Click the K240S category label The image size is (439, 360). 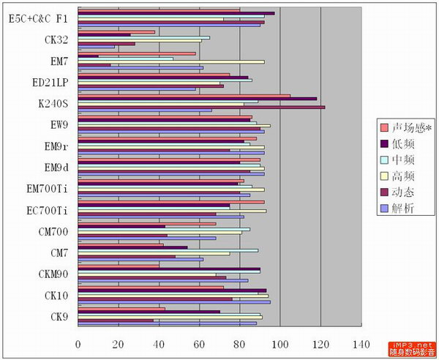(x=53, y=103)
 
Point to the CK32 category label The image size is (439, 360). (x=56, y=40)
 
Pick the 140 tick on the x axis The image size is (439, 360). (x=361, y=342)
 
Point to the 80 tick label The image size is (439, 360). (x=240, y=342)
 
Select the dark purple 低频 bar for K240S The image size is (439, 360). (x=198, y=98)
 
